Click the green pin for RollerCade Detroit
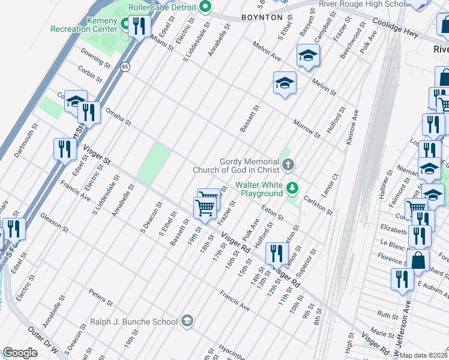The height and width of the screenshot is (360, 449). [205, 7]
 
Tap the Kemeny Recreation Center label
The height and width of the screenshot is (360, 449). [83, 25]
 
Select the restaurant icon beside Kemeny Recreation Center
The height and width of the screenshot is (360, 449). [139, 26]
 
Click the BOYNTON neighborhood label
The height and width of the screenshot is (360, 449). [262, 17]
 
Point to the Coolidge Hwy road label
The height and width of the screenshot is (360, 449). [396, 28]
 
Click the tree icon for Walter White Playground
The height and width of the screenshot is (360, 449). [292, 188]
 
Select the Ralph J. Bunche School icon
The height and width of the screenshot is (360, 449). [187, 322]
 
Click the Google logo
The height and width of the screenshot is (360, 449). [20, 353]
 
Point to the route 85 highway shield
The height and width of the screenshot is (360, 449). [124, 66]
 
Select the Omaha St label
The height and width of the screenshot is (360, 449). [118, 116]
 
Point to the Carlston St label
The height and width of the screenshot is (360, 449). [318, 205]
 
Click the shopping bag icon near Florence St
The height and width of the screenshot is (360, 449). [418, 261]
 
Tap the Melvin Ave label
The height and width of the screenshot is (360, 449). [267, 52]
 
